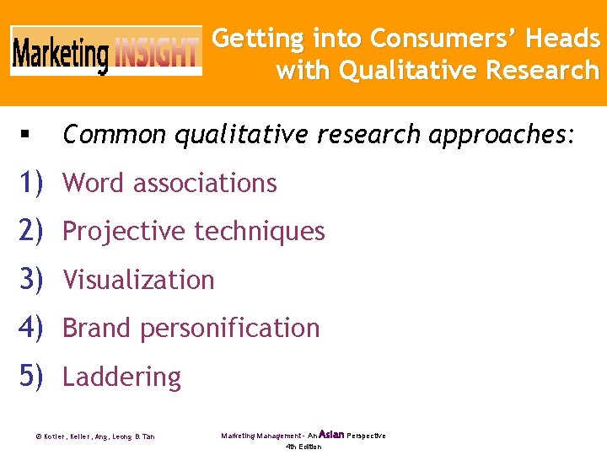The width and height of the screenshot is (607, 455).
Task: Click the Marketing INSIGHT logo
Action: [x=106, y=52]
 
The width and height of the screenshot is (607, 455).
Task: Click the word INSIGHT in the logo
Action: [x=158, y=54]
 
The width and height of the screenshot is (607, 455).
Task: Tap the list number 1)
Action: [x=30, y=182]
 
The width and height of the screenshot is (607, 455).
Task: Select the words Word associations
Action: [x=169, y=183]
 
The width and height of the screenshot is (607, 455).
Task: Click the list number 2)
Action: [x=30, y=231]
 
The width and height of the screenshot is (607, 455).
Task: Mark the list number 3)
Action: [x=30, y=280]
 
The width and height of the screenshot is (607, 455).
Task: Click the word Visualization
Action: [x=138, y=280]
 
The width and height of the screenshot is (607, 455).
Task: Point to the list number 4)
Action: [x=30, y=328]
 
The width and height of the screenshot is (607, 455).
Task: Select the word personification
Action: [x=229, y=328]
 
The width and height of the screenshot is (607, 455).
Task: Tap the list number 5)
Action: [x=30, y=377]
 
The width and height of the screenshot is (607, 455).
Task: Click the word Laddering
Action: [x=121, y=377]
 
